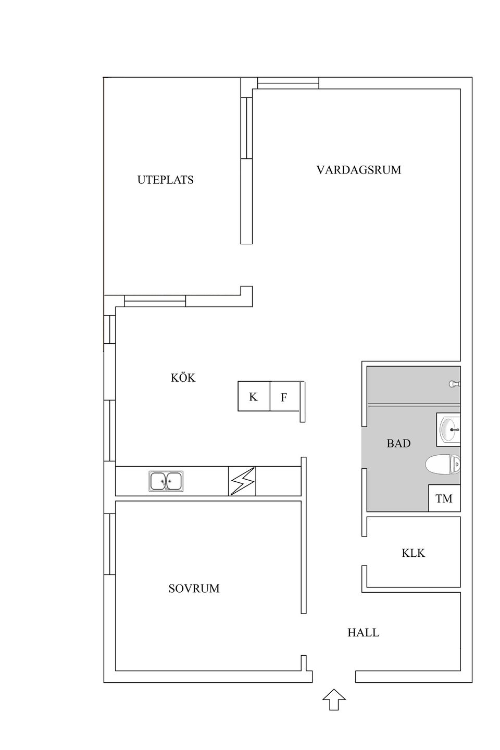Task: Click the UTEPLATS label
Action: click(x=165, y=180)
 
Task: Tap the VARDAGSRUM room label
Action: click(x=358, y=170)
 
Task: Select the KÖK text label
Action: click(x=183, y=378)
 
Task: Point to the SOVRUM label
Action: click(x=194, y=589)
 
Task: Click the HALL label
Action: click(x=363, y=633)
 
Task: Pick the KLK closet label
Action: click(x=413, y=553)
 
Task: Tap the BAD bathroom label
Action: click(x=398, y=443)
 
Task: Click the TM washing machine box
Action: click(x=444, y=498)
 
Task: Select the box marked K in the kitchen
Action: click(x=254, y=396)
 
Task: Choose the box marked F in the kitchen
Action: click(x=284, y=397)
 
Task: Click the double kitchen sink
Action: click(x=166, y=481)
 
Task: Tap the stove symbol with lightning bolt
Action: click(x=242, y=481)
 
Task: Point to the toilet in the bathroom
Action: click(x=443, y=465)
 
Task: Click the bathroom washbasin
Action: click(x=449, y=430)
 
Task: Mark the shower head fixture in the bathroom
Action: click(x=454, y=384)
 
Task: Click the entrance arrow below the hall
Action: click(x=334, y=699)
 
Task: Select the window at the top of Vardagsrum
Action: click(x=288, y=83)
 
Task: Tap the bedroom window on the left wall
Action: click(x=109, y=544)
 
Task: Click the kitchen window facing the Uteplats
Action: click(x=155, y=301)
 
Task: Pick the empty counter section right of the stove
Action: click(x=278, y=481)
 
